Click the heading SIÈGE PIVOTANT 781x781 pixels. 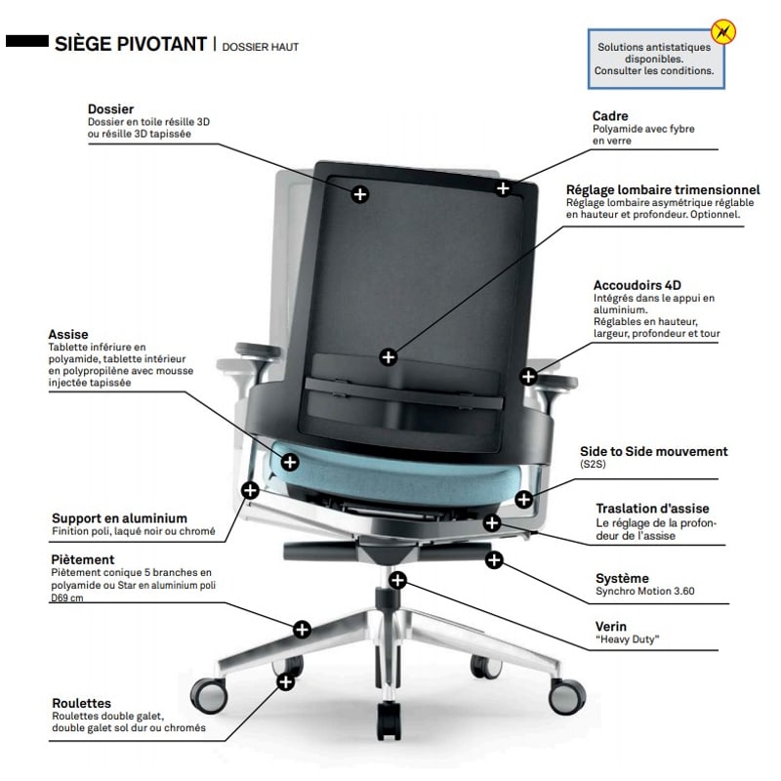coord(131,44)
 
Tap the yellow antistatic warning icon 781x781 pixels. coord(722,32)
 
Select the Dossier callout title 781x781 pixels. coord(110,109)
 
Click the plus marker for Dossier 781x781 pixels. coord(360,194)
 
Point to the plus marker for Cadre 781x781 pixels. coord(503,188)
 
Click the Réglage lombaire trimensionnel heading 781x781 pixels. coord(663,189)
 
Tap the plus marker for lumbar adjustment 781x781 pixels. coord(388,357)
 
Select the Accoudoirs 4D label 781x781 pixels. coord(637,285)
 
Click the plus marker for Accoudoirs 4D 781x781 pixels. coord(528,377)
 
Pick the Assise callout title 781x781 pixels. coord(68,334)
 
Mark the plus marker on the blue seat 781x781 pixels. coord(290,462)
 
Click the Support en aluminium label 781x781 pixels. coord(119,518)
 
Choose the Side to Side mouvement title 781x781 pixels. coord(653,451)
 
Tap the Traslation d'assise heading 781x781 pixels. coord(652,509)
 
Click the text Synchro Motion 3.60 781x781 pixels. coord(645,592)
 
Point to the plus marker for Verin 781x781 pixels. coord(397,580)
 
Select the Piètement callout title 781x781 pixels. coord(83,559)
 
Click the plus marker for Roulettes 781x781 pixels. coord(285,681)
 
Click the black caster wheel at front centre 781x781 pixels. coord(389,719)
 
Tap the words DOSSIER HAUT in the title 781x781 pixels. coord(260,47)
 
